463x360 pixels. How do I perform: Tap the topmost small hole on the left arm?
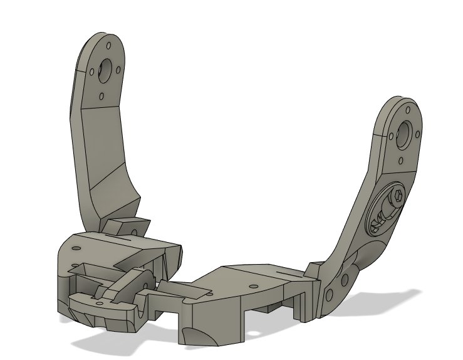109,46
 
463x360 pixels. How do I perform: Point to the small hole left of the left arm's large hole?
90,71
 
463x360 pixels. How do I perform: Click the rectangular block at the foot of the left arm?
127,226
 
